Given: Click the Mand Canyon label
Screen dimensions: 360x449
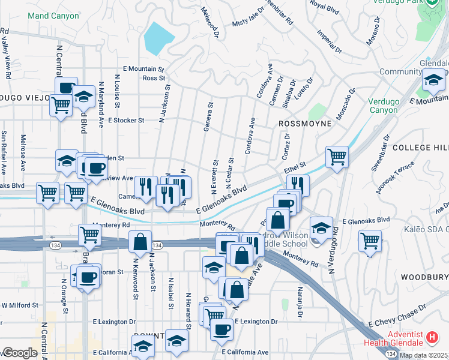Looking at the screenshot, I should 53,16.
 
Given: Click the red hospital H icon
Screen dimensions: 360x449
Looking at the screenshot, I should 432,338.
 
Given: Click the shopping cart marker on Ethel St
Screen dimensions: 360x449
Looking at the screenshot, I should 337,157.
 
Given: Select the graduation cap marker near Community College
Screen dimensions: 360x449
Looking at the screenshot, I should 433,79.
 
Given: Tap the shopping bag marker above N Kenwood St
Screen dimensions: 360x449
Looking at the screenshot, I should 140,242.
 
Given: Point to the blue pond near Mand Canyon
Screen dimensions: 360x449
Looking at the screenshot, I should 157,39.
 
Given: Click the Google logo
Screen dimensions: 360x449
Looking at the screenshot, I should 20,353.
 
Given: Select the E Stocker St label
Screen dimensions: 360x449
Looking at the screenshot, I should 126,120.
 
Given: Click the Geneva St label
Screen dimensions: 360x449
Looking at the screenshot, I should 210,113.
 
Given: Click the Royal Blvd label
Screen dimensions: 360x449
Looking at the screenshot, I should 325,7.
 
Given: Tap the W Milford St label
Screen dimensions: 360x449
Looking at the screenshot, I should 20,305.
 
